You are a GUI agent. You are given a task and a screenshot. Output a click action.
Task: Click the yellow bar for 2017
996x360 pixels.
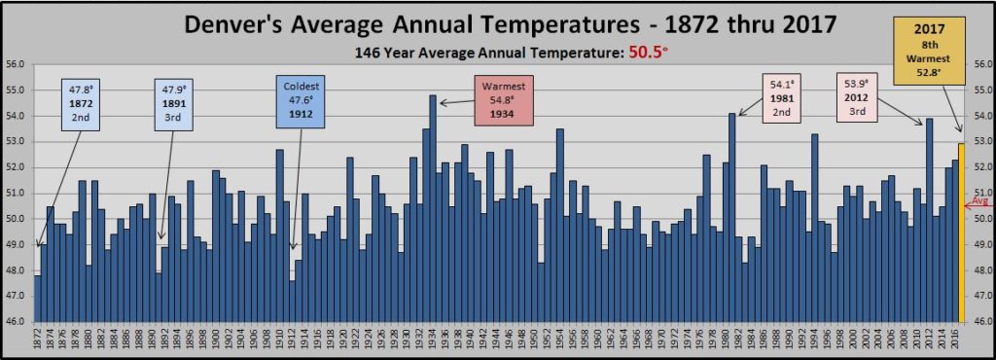(962, 234)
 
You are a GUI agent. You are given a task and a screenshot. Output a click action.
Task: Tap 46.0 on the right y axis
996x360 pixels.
(981, 322)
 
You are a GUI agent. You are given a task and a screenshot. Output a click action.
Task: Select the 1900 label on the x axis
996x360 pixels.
(216, 342)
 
